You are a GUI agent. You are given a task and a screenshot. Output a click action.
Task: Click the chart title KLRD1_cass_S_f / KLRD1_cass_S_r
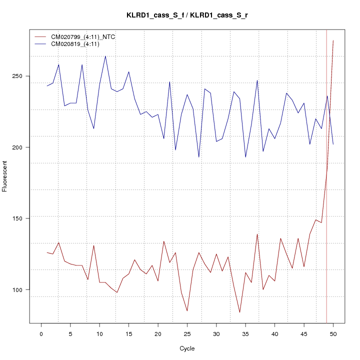187,15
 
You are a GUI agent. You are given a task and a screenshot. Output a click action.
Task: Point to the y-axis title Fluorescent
5,176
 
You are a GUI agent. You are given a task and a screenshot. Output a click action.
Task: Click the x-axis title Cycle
187,348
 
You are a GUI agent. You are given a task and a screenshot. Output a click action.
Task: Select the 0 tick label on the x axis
41,333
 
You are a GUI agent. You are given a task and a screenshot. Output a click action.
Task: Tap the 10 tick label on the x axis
99,333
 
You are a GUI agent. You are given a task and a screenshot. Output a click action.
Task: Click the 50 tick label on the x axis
333,333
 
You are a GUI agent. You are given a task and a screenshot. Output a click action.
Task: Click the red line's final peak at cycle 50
333,40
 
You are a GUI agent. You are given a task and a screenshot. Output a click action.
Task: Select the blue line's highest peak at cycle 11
105,56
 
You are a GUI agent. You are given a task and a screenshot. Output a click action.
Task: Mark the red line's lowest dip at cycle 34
239,312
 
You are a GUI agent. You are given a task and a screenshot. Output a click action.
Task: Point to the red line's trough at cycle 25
187,311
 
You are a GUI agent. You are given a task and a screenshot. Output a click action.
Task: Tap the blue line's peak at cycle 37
257,80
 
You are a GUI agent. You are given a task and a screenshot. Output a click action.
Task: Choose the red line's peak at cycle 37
257,234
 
